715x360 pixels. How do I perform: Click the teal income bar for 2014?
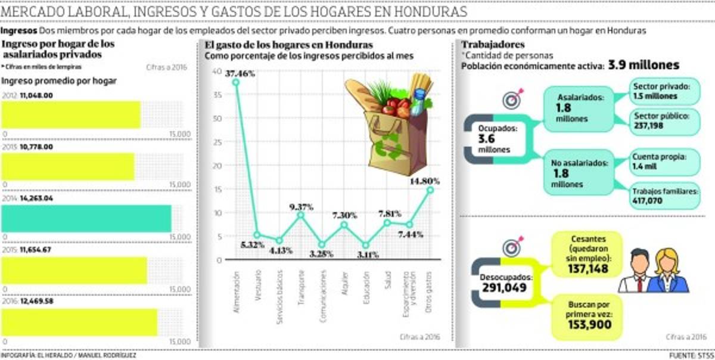point(86,218)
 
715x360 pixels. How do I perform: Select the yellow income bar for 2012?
point(71,114)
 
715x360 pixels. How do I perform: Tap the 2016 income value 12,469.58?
point(37,302)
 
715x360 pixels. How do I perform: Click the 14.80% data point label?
point(425,181)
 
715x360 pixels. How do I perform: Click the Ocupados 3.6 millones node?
point(495,138)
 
